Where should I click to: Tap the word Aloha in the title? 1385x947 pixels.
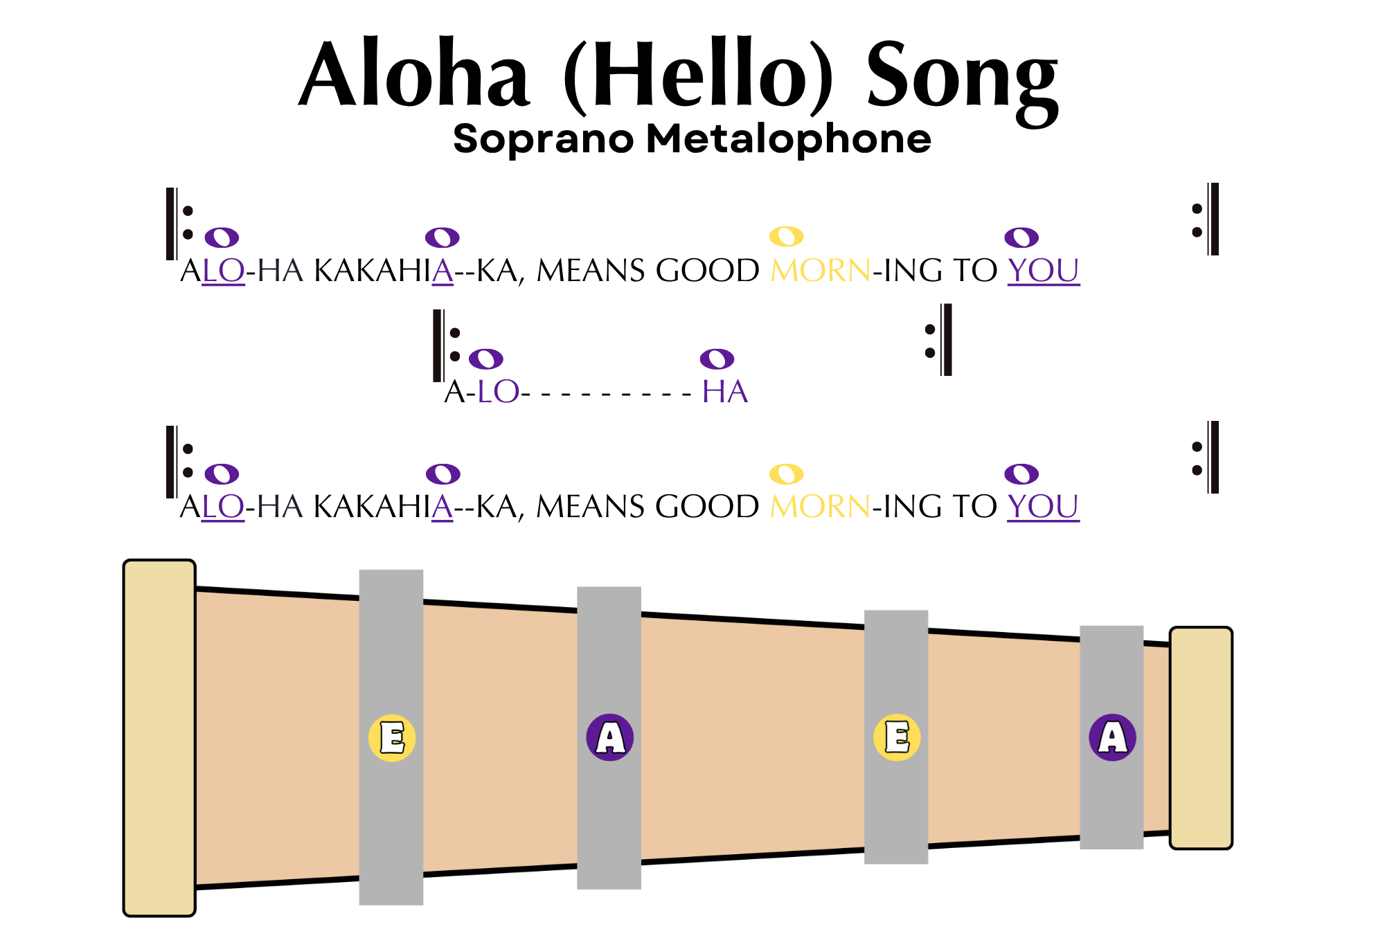414,75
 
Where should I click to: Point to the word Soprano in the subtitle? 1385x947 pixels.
543,138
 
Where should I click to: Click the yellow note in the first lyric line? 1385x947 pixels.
786,237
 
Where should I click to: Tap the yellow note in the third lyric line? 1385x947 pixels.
786,474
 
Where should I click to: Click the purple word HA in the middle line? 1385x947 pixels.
725,392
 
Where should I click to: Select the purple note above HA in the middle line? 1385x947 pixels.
717,359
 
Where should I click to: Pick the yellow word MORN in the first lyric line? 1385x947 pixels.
821,271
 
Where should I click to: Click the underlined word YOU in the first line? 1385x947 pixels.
1044,271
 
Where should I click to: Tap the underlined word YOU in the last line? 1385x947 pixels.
1044,507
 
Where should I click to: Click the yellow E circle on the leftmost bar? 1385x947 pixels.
392,738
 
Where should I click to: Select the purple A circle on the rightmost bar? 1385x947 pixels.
1112,738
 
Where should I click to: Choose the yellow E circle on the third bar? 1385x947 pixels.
897,738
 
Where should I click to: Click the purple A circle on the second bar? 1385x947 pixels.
609,738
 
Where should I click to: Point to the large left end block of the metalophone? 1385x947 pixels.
159,738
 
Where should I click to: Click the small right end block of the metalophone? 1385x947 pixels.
1201,738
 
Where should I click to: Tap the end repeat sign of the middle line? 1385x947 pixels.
940,341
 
